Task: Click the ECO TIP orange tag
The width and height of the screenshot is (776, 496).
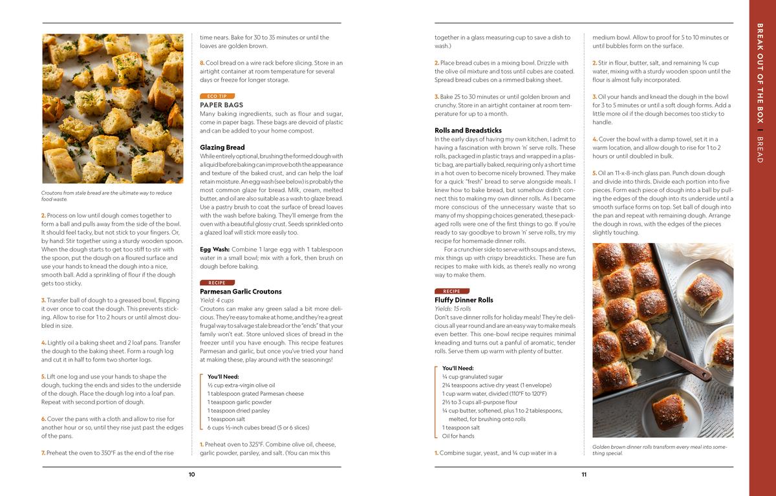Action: coord(217,96)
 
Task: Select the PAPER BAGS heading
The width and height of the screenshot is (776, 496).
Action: coord(221,105)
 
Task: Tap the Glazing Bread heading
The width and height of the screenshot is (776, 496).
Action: coord(222,147)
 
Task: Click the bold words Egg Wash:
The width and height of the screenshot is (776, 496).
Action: coord(214,249)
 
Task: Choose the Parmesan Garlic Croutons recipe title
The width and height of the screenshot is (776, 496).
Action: coord(241,292)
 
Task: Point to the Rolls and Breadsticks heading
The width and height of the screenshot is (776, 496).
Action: coord(468,131)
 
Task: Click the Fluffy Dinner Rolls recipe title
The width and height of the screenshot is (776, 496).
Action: coord(464,300)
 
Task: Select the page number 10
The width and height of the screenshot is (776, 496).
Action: coord(192,475)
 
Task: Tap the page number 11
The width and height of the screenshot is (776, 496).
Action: coord(584,475)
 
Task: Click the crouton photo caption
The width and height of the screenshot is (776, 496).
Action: coord(107,196)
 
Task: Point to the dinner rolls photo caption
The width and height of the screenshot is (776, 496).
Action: coord(660,449)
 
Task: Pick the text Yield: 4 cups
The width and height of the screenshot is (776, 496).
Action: coord(217,300)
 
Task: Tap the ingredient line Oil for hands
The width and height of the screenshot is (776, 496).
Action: coord(458,436)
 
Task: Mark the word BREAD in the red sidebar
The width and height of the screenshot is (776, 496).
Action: coord(760,149)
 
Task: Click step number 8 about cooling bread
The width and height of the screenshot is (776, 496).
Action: coord(202,63)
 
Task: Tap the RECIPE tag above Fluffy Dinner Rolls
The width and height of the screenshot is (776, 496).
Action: coord(452,291)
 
